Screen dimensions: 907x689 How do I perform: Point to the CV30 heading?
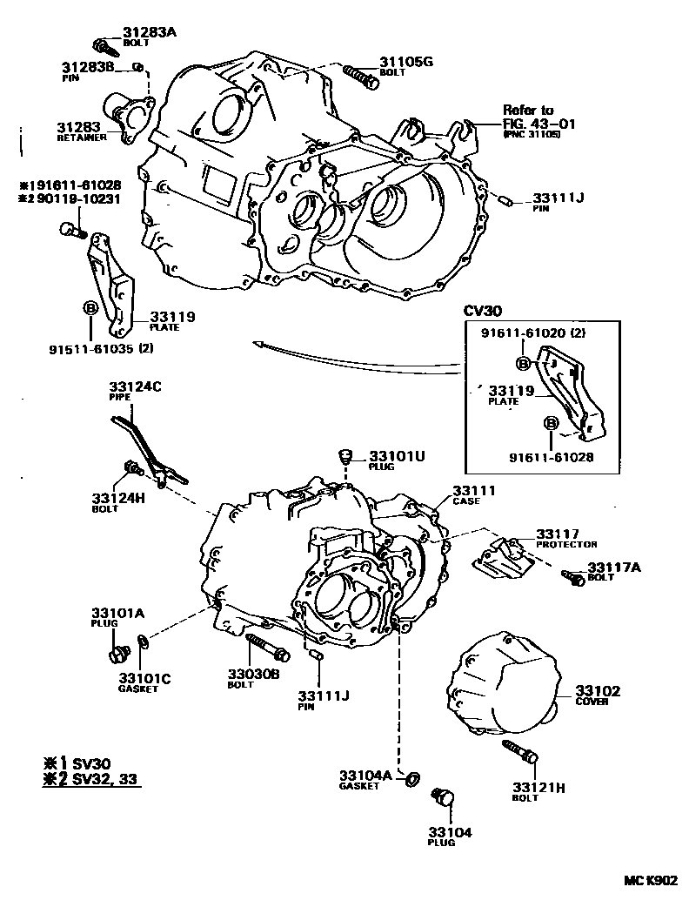coord(470,311)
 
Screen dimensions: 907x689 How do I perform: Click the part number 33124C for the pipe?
coord(135,386)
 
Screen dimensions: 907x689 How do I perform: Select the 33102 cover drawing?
coord(504,691)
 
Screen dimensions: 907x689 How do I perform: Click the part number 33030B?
coord(254,672)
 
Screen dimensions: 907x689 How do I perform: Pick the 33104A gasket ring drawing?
coord(415,776)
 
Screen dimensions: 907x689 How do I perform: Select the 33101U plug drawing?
coord(345,456)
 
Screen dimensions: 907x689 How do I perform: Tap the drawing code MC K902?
coord(648,880)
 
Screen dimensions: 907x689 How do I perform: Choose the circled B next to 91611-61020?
coord(524,363)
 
